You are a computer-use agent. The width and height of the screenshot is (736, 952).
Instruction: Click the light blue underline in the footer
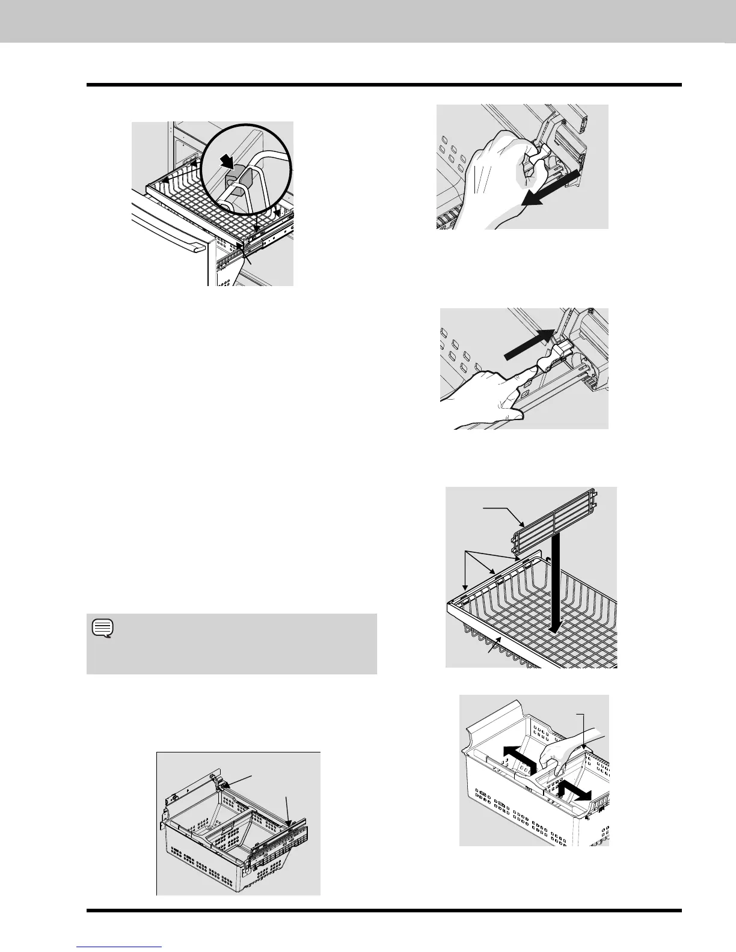point(120,947)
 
